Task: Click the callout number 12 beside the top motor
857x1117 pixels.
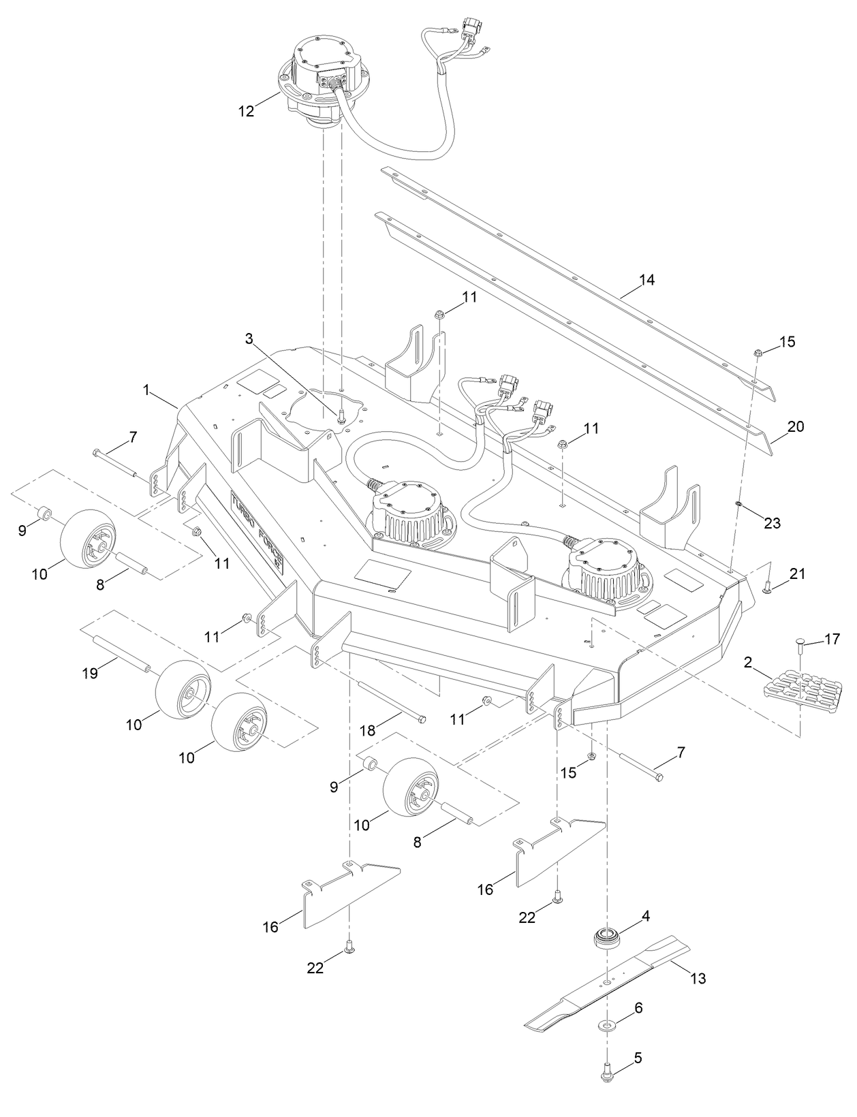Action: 246,111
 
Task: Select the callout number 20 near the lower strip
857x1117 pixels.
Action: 795,427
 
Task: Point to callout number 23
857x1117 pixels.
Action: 773,523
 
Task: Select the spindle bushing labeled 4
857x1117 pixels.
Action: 606,938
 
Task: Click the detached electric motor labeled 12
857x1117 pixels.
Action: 320,78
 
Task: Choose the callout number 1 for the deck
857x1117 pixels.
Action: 146,390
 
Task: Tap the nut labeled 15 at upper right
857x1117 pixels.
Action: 758,352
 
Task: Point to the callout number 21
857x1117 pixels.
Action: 796,574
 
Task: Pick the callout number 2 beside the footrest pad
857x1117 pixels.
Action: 747,663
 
